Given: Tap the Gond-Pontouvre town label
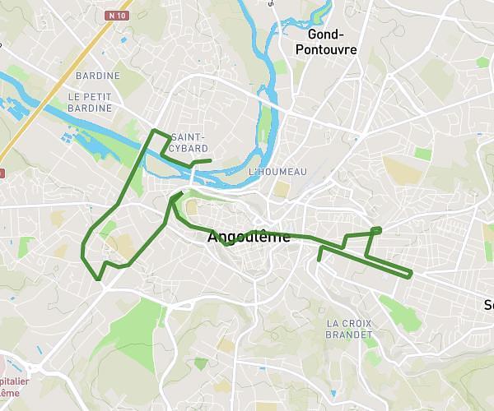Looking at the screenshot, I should click(x=332, y=42).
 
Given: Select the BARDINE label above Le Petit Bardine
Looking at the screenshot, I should click(x=98, y=76).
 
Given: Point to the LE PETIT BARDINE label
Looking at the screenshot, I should click(x=95, y=102).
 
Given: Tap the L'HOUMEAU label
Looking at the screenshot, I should click(x=277, y=171).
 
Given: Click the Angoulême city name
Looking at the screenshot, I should click(x=249, y=238).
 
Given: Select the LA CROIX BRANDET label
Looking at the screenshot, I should click(x=349, y=329).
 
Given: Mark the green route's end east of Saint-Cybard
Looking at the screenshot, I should click(x=211, y=160).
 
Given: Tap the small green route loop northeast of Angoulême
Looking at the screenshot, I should click(x=376, y=229).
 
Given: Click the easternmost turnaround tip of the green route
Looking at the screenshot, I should click(x=409, y=273).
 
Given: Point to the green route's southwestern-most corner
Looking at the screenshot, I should click(x=99, y=279).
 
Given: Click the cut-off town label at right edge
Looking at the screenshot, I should click(x=488, y=305).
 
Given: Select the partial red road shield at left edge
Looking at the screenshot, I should click(x=2, y=173).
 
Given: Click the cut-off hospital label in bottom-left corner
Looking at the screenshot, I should click(x=15, y=387).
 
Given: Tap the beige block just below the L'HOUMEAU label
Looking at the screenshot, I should click(x=282, y=189).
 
